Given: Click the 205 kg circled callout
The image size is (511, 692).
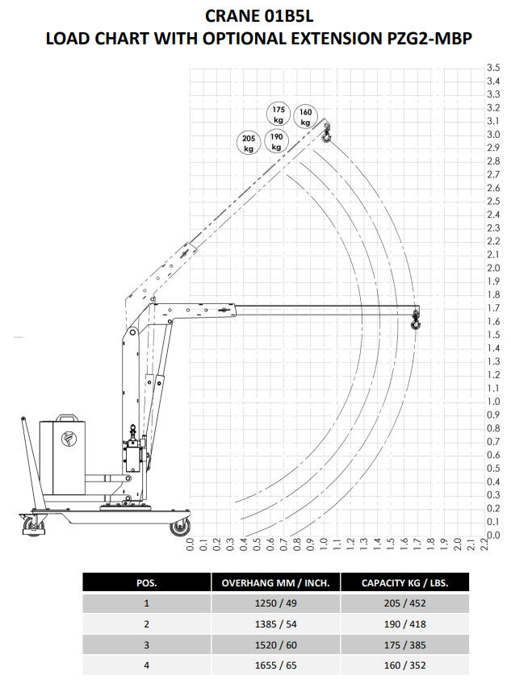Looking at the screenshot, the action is [x=249, y=143].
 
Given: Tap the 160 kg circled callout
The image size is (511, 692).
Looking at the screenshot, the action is [x=306, y=117].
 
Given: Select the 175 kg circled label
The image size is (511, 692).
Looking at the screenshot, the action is [x=279, y=115].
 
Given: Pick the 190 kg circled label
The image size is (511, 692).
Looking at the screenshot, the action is [x=276, y=142].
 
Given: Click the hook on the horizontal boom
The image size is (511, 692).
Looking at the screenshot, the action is [x=416, y=321].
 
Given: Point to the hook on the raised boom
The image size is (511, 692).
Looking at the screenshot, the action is [x=326, y=134].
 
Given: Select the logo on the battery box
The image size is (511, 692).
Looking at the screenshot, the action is [x=69, y=439].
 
